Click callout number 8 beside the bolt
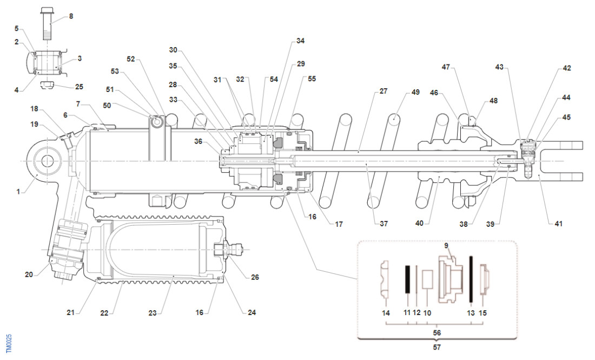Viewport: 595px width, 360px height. pos(71,16)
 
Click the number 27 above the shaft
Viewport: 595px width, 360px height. pos(383,91)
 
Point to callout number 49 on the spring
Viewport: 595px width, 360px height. pos(415,91)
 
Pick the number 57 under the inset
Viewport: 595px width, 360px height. pos(437,347)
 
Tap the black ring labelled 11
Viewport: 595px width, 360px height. pos(406,279)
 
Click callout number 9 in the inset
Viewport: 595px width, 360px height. pos(446,245)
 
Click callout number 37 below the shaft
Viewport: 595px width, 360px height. pos(383,223)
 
